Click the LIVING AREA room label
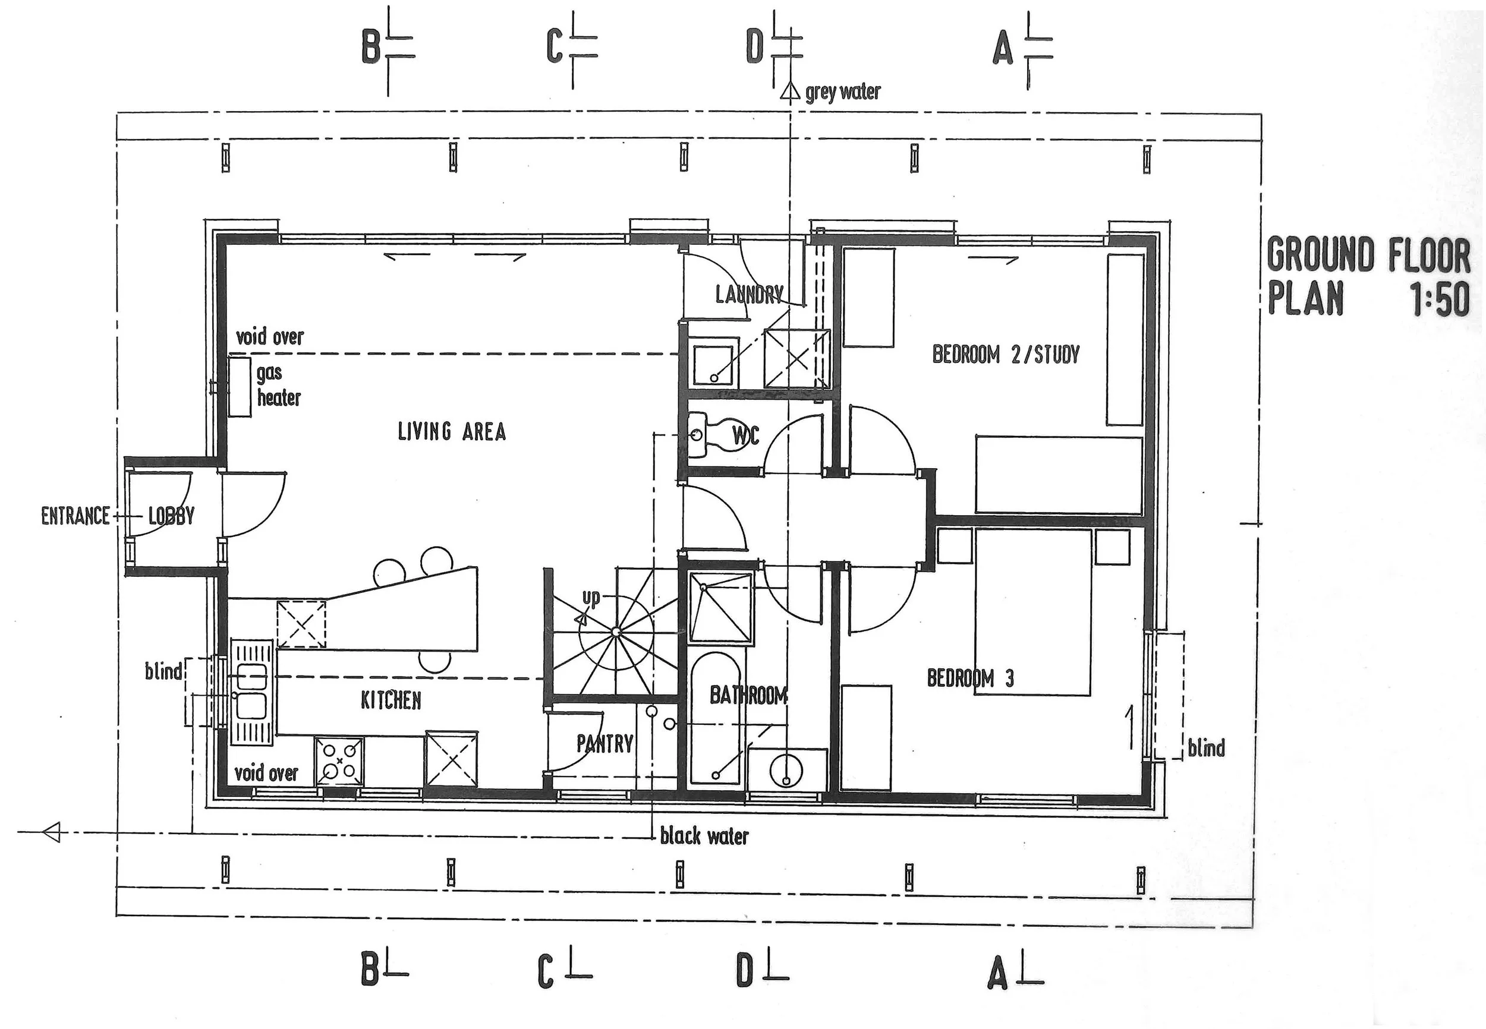tap(452, 431)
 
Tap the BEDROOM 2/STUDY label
tap(1006, 354)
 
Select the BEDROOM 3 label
tap(970, 678)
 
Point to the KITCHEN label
tap(391, 700)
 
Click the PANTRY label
tap(605, 743)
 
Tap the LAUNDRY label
tap(750, 295)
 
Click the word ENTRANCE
tap(75, 516)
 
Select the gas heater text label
tap(278, 385)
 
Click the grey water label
tap(842, 92)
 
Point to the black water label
tap(704, 837)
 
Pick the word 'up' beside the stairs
tap(591, 598)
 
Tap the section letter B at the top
tap(371, 47)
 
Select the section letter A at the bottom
tap(997, 975)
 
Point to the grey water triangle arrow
tap(790, 91)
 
